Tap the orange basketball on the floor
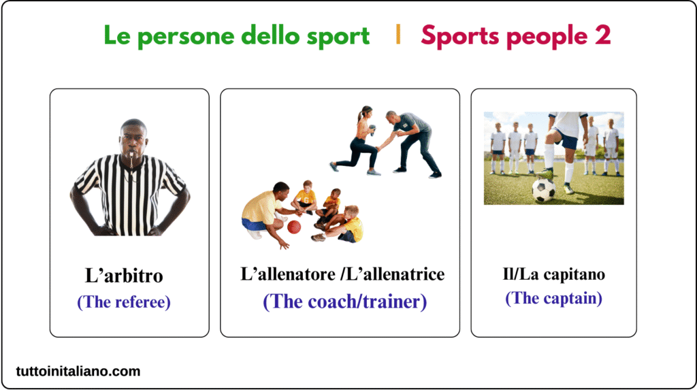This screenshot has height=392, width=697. (x=294, y=227)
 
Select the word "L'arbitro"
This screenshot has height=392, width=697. (x=124, y=276)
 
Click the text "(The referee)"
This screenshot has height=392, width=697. (x=124, y=301)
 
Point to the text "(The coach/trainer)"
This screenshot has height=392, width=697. (x=344, y=301)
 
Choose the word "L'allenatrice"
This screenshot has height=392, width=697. (x=395, y=274)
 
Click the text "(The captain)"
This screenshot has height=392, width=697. (x=553, y=298)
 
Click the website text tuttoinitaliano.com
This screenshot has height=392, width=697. (x=78, y=371)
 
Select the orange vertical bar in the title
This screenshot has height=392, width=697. (x=398, y=35)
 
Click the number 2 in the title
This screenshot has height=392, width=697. (x=603, y=35)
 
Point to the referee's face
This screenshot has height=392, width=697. (x=133, y=139)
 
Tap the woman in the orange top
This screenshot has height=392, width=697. (x=361, y=140)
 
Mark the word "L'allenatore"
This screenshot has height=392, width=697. (x=290, y=274)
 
